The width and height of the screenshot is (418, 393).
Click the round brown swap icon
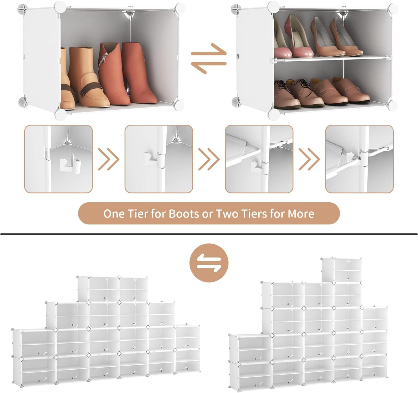pos(209,263)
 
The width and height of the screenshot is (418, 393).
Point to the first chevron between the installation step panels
pos(108,159)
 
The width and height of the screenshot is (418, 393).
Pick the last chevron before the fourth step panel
pos(309,159)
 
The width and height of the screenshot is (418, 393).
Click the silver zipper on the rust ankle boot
pos(101,64)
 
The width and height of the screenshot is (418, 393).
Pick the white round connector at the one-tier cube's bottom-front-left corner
pos(60,114)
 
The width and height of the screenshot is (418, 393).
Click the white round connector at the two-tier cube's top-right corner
pos(393,8)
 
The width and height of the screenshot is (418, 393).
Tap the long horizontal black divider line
pos(209,234)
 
